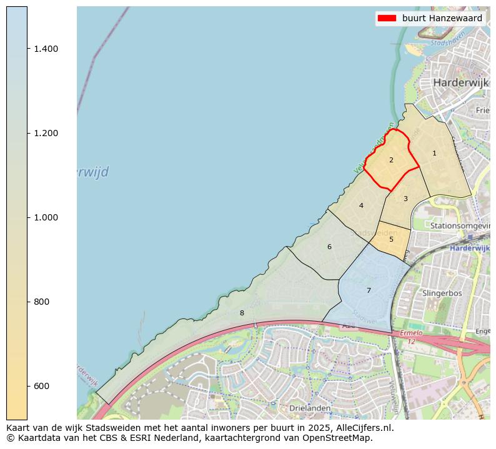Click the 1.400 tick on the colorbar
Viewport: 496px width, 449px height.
coord(46,49)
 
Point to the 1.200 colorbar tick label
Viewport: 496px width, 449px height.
coord(46,133)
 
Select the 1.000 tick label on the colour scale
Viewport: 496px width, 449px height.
coord(46,217)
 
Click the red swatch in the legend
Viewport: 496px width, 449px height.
coord(387,19)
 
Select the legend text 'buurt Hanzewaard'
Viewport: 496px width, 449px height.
coord(442,19)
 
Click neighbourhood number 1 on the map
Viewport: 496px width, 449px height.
coord(434,153)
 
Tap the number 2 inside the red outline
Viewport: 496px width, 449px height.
coord(391,160)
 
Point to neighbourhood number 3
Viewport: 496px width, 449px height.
coord(405,199)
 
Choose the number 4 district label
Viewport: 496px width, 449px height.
coord(361,205)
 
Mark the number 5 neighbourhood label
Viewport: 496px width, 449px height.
coord(391,239)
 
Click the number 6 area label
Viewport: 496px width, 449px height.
coord(329,247)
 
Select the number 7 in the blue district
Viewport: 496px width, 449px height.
coord(369,290)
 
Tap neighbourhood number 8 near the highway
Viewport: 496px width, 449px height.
coord(242,313)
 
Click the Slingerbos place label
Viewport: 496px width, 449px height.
coord(442,292)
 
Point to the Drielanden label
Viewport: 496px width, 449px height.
coord(310,408)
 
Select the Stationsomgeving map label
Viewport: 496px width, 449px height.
coord(460,225)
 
